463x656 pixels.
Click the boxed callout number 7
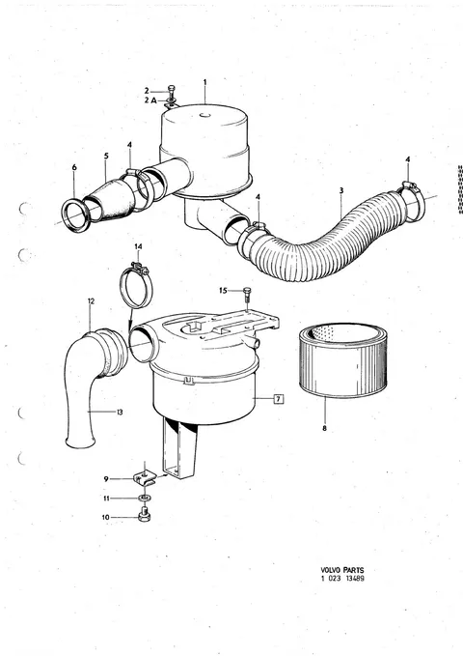point(279,399)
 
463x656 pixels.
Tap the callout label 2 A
point(150,100)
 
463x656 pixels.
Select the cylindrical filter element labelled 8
point(342,359)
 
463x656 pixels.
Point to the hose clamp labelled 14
point(137,288)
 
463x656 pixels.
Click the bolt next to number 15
point(247,294)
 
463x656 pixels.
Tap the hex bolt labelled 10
point(144,515)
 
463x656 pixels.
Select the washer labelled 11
point(145,498)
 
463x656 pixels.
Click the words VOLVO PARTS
point(342,570)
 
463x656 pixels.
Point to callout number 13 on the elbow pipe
point(121,413)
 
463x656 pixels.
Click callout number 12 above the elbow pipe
point(91,300)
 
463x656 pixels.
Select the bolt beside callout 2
point(172,91)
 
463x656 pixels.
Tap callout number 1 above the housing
point(204,82)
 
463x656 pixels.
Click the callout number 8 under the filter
point(324,428)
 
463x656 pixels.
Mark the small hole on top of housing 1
point(204,115)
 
